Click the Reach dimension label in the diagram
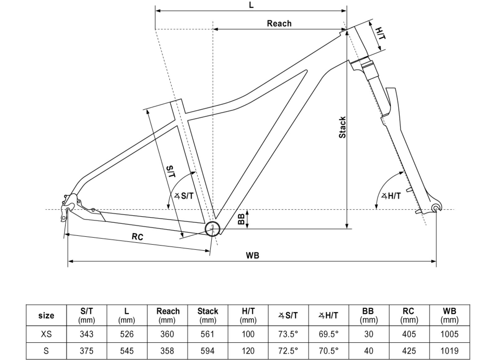tap(279, 24)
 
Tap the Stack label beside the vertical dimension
tap(342, 127)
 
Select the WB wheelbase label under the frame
tap(252, 255)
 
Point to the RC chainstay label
tap(137, 237)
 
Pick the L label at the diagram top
tap(251, 5)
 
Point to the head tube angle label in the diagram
tap(391, 196)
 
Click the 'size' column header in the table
tap(46, 315)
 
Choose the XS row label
tap(46, 334)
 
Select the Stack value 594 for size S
tap(207, 351)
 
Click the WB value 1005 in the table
tap(449, 334)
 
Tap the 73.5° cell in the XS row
tap(288, 334)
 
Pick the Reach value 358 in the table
tap(167, 351)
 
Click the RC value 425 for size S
tap(409, 351)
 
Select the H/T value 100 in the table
tap(248, 334)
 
